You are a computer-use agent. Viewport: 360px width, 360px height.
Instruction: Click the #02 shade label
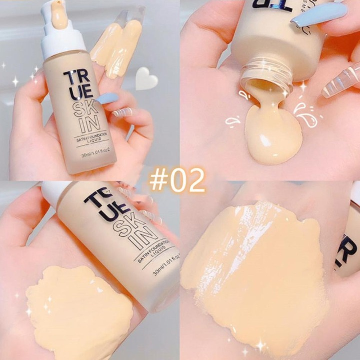[x=177, y=181]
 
